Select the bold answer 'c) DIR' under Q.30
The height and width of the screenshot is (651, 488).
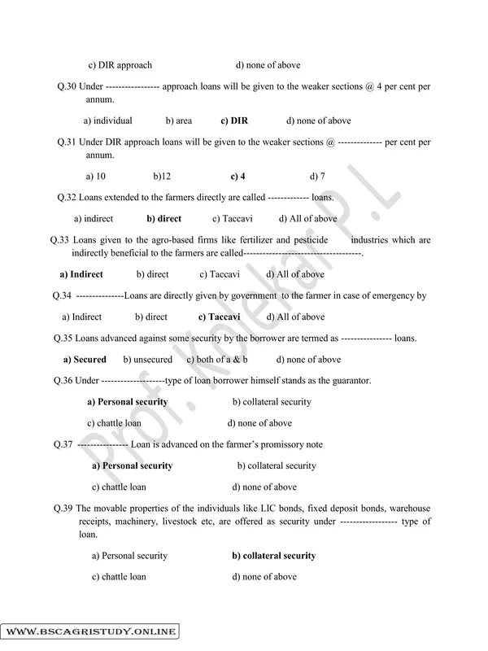234,120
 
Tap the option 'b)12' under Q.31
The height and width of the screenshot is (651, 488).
162,176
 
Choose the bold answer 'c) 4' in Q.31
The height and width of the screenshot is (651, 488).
238,176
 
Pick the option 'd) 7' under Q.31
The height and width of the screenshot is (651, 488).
318,176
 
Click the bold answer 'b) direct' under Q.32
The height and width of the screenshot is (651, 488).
163,219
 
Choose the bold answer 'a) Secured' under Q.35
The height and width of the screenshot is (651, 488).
85,359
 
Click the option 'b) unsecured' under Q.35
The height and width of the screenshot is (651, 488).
148,359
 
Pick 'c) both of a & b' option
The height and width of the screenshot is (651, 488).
217,359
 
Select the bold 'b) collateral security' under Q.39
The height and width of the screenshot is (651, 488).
274,556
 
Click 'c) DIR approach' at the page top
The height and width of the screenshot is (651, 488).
120,65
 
